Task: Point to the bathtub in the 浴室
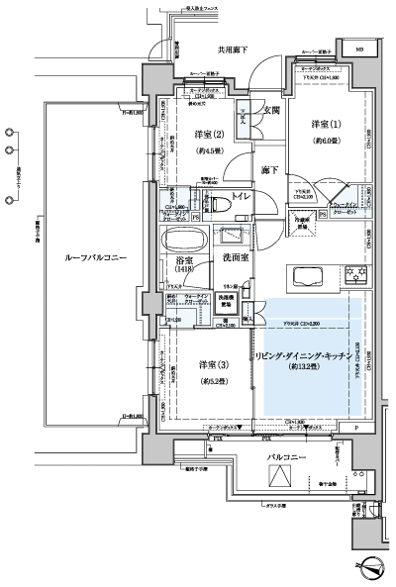tap(184, 242)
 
